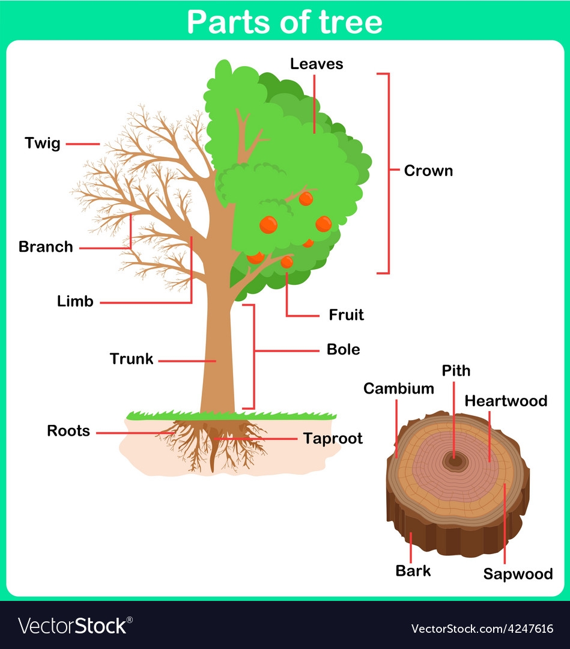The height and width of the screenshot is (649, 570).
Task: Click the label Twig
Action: [x=43, y=144]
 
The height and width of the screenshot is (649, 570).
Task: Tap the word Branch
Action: [x=46, y=247]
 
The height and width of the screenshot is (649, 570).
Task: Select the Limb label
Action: [x=75, y=302]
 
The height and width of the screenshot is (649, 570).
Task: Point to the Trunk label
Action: [x=132, y=359]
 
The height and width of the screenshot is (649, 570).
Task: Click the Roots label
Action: [x=68, y=431]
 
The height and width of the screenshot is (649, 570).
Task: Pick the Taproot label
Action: [x=333, y=439]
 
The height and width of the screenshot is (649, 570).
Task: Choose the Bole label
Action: [x=344, y=350]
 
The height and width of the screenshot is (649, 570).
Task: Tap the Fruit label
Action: [x=346, y=315]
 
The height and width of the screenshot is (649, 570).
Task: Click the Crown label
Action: [x=428, y=171]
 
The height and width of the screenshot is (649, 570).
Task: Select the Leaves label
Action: [x=317, y=64]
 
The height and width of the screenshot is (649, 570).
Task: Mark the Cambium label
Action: [x=399, y=389]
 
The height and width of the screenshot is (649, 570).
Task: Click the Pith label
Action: [x=456, y=370]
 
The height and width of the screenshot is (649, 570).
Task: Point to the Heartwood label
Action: [x=506, y=401]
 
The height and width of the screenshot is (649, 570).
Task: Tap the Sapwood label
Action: [x=518, y=574]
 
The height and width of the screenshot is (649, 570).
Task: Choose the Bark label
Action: [x=413, y=570]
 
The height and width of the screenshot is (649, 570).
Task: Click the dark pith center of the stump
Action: [x=455, y=461]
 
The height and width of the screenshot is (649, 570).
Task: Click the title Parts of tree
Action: [x=285, y=22]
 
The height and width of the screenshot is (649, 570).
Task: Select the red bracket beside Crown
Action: [x=387, y=173]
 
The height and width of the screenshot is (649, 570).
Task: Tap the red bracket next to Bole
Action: [x=253, y=356]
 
